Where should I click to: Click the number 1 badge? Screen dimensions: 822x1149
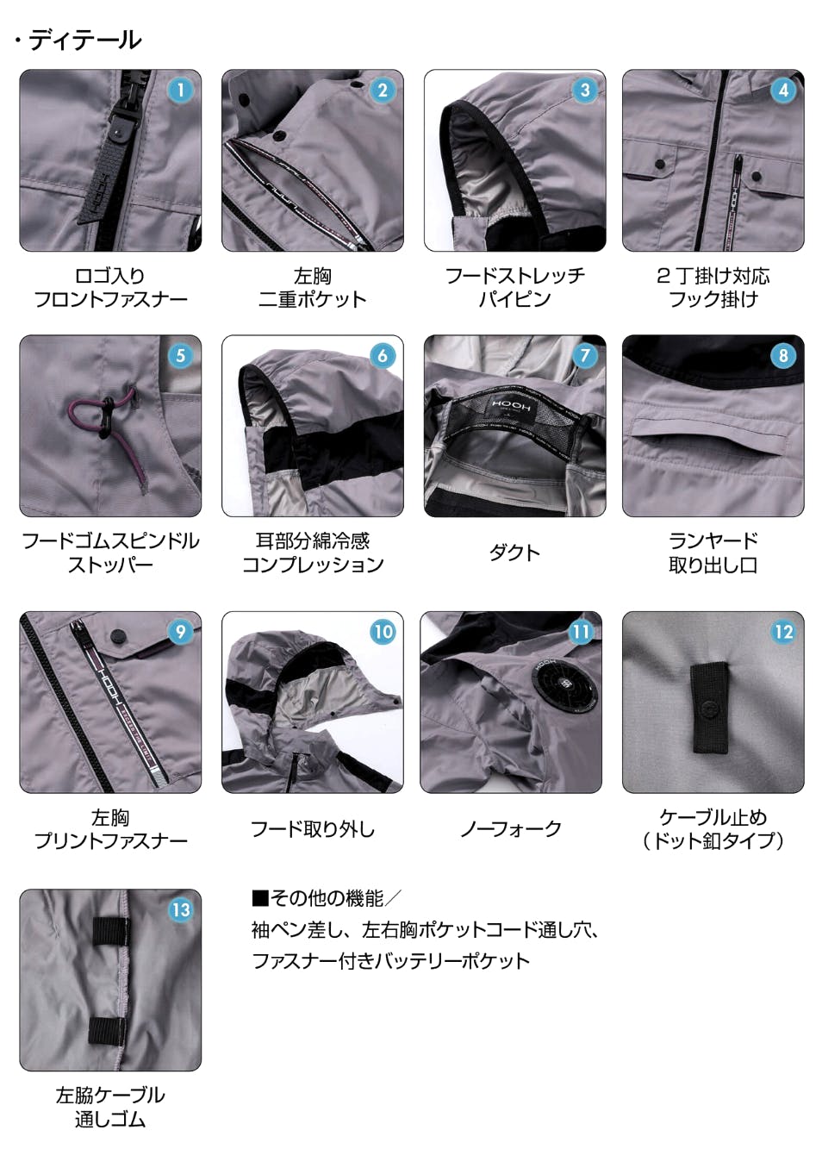click(180, 91)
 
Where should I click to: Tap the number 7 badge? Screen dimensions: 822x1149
click(584, 355)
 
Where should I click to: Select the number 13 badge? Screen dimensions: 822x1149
click(180, 910)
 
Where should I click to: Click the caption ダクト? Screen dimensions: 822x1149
click(514, 553)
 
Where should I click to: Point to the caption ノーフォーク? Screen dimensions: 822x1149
click(511, 829)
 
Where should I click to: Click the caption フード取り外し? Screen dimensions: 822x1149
click(312, 829)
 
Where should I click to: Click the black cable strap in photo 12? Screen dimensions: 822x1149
click(710, 708)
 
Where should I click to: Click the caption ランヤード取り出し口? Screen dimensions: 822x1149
click(713, 553)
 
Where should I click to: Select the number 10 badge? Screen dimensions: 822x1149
click(383, 632)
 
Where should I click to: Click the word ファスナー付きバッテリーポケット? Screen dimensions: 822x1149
click(390, 961)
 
